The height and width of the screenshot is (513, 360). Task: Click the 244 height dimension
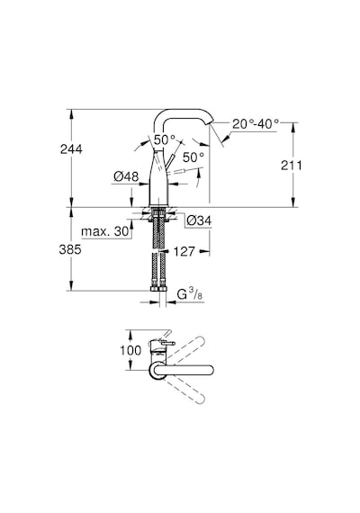(71, 149)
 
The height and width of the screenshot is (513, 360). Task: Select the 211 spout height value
(292, 166)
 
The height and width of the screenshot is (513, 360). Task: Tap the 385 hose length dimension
(70, 249)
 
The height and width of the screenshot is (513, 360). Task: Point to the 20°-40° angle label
(256, 124)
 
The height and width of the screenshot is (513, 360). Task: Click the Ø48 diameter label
(126, 176)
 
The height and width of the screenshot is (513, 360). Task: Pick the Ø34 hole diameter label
(199, 220)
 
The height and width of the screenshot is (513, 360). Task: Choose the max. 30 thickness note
(105, 231)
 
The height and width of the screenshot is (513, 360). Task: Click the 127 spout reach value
(184, 252)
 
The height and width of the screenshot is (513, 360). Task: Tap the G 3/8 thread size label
(190, 294)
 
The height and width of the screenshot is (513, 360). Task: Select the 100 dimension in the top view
(130, 350)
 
